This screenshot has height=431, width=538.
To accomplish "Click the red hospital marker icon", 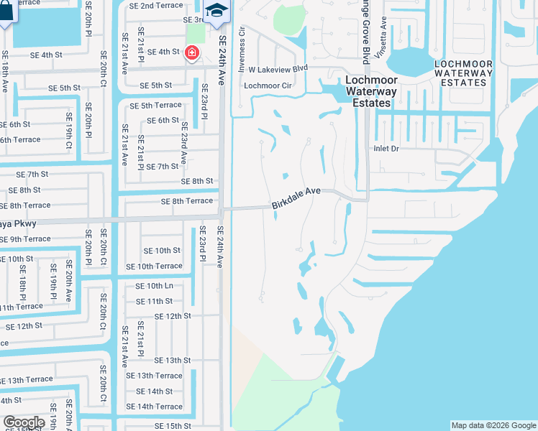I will [191, 52].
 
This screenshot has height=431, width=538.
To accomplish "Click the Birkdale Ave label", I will [296, 199].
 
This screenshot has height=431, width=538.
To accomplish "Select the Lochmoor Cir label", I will [267, 85].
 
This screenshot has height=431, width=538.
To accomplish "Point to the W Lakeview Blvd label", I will [278, 69].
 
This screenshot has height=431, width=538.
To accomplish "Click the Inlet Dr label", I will [386, 149].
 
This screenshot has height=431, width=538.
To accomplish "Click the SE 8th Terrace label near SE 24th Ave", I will [187, 202].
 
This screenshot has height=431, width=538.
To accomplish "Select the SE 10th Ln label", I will [155, 285].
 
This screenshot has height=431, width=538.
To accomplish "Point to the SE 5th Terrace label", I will [155, 105].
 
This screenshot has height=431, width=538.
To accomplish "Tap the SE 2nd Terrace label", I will [156, 6].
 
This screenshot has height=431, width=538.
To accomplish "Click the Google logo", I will [24, 422].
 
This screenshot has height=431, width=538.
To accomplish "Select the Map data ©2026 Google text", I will [493, 425].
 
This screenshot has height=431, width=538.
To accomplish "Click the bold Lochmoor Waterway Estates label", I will [370, 91].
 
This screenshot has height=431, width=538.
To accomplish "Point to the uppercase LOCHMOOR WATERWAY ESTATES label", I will [464, 73].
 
